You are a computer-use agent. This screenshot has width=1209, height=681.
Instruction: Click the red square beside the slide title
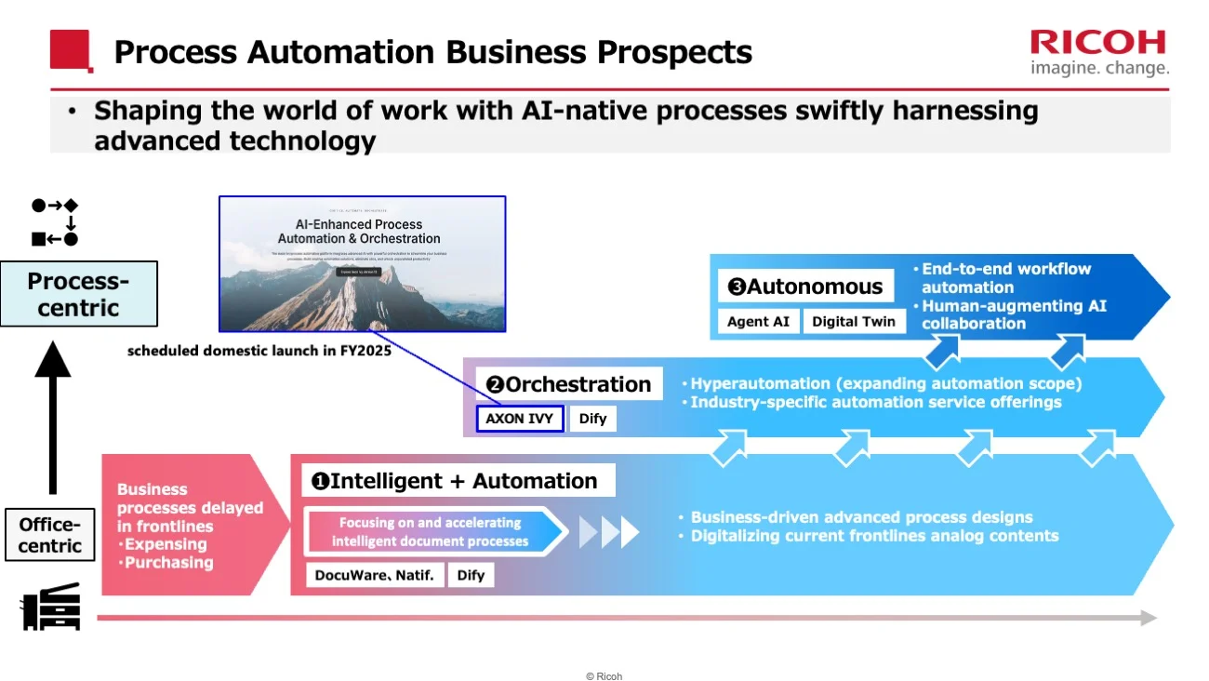pyautogui.click(x=71, y=50)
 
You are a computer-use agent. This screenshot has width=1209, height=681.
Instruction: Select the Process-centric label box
pyautogui.click(x=78, y=294)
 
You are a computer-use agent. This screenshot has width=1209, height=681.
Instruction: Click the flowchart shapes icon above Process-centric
pyautogui.click(x=55, y=222)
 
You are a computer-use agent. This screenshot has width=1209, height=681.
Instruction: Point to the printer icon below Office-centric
pyautogui.click(x=51, y=608)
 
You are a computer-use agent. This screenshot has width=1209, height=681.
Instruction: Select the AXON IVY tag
pyautogui.click(x=519, y=419)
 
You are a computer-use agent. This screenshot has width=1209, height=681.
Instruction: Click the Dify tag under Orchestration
pyautogui.click(x=592, y=419)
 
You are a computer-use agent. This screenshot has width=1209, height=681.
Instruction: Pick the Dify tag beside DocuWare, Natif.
pyautogui.click(x=471, y=575)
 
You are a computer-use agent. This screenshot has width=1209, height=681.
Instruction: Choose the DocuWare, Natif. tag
pyautogui.click(x=374, y=575)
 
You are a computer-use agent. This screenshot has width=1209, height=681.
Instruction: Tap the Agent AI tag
pyautogui.click(x=758, y=321)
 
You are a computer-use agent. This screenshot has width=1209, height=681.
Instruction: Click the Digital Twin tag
pyautogui.click(x=854, y=321)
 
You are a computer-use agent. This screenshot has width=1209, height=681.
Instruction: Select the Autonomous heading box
pyautogui.click(x=805, y=287)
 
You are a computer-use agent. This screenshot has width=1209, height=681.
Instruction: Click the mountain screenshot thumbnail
pyautogui.click(x=362, y=264)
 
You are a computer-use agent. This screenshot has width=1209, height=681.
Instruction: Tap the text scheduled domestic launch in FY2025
pyautogui.click(x=259, y=352)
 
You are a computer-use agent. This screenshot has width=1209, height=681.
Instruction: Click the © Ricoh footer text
pyautogui.click(x=604, y=676)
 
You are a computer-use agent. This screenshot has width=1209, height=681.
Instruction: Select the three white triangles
pyautogui.click(x=609, y=532)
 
